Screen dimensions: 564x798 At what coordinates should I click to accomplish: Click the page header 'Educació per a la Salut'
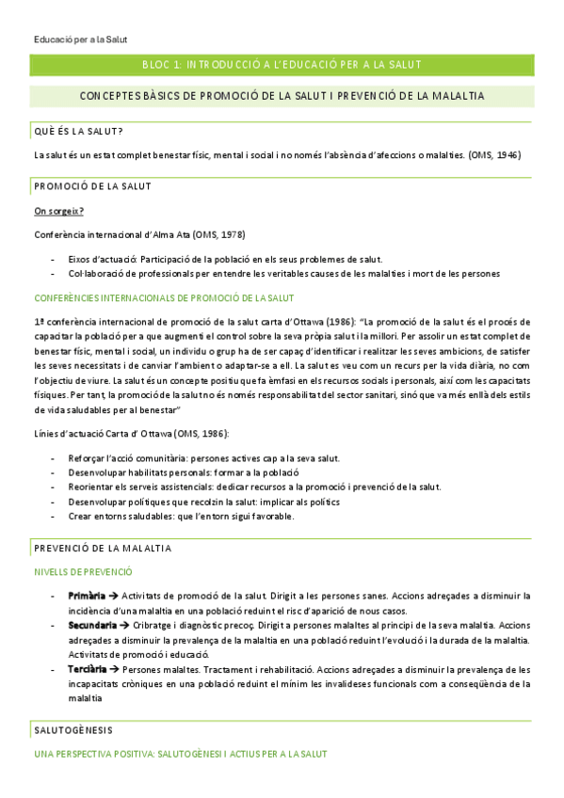point(79,39)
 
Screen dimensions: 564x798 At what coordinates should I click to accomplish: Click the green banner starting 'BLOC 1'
point(281,64)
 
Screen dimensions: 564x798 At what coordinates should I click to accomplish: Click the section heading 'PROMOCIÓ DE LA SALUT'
point(92,186)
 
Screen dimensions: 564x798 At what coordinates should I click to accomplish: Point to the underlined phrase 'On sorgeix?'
point(58,211)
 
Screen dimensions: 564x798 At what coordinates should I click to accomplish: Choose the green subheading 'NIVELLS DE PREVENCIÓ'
point(83,571)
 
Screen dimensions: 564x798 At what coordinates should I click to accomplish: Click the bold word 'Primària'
point(87,596)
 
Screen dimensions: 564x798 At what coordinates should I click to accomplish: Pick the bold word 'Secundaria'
point(92,625)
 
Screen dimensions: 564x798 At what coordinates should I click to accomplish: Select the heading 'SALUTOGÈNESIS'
point(73,730)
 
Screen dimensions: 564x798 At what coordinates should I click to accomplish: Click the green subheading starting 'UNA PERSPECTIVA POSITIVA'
point(181,755)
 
